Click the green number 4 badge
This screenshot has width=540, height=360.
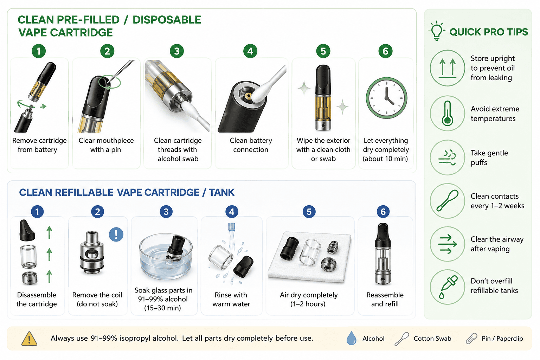[250, 51]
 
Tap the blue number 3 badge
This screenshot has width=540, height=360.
[166, 212]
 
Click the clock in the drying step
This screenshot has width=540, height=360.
[386, 98]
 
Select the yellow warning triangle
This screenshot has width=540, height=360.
[29, 339]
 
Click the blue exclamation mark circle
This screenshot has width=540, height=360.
[116, 234]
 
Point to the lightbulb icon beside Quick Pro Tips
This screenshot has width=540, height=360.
[437, 31]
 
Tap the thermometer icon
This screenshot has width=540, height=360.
[448, 113]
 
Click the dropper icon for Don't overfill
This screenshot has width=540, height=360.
[448, 287]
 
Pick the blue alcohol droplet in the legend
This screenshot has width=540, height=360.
[351, 338]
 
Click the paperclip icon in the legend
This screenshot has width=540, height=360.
[471, 339]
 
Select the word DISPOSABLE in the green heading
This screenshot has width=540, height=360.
[167, 20]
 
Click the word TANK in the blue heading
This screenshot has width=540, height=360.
[221, 192]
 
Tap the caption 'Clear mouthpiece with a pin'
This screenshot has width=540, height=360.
[106, 145]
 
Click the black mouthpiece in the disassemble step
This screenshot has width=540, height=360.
[27, 230]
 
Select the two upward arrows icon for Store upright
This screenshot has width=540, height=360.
[448, 68]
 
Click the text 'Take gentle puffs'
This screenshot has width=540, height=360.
[489, 158]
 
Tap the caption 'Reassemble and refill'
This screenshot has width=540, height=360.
[385, 299]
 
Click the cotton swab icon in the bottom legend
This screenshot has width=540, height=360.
[402, 339]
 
